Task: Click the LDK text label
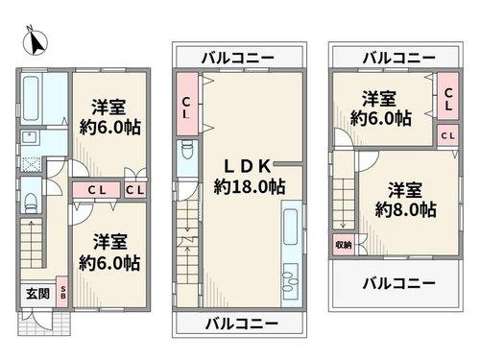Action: click(x=248, y=163)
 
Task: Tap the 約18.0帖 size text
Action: click(x=248, y=186)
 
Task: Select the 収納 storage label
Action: click(x=343, y=246)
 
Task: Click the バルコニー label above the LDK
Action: click(x=238, y=57)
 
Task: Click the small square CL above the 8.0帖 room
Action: click(x=447, y=136)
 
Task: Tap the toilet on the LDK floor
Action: click(x=186, y=155)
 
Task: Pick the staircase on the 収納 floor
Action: click(x=343, y=202)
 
